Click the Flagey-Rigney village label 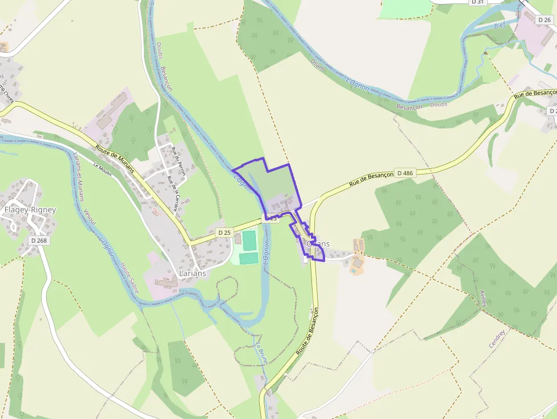(30, 210)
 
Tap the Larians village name (192, 273)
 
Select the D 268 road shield (39, 240)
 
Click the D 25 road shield (225, 232)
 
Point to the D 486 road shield (405, 173)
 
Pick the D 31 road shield (477, 2)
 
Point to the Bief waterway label (500, 26)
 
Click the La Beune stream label (262, 352)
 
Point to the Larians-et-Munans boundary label (79, 176)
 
